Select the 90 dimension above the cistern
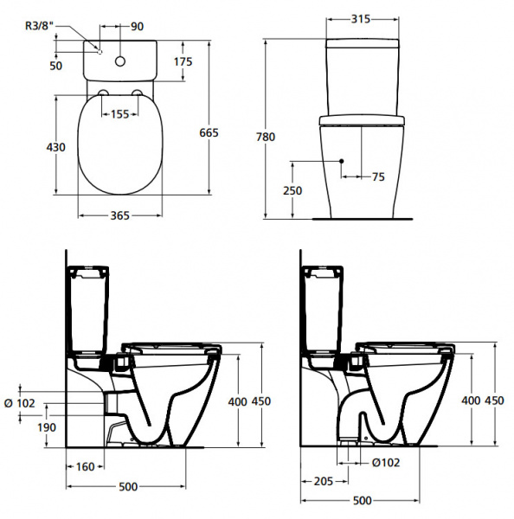138,26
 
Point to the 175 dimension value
207,61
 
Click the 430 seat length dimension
55,147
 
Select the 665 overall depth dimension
230,132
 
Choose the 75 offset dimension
378,176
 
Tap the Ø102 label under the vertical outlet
386,462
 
